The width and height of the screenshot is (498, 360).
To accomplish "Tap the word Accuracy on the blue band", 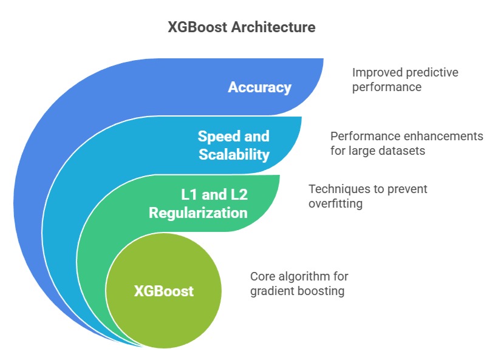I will [259, 87].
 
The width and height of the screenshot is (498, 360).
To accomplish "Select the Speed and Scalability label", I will [234, 145].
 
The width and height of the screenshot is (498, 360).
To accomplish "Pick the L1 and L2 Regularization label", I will [198, 204].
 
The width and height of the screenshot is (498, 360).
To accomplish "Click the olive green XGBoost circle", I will [163, 291].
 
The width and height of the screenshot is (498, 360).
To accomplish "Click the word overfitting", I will [335, 204].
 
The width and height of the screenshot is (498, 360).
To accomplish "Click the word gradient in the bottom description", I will [270, 291].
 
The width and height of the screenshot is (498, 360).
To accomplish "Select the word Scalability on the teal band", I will [234, 154].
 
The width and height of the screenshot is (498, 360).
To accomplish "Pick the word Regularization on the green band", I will [198, 213].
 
